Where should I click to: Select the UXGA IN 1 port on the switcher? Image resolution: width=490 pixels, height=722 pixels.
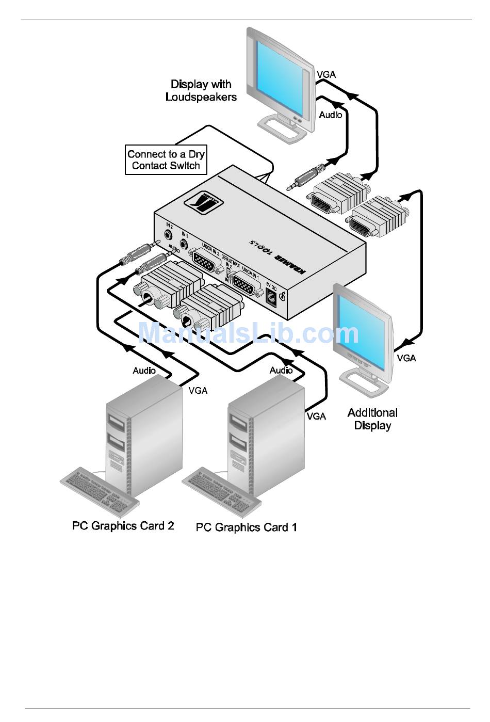click(246, 284)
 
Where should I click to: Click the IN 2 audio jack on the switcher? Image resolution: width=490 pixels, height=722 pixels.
click(169, 234)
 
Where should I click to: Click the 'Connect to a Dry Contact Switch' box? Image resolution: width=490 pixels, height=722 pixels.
click(166, 160)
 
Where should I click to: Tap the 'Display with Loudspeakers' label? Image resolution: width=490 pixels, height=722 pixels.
click(201, 91)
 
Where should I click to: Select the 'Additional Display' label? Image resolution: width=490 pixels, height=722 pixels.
click(372, 419)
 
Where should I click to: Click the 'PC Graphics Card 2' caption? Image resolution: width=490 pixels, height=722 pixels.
click(123, 526)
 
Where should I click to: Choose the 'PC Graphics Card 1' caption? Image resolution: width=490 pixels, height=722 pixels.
click(247, 527)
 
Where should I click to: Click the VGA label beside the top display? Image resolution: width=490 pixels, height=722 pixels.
click(326, 75)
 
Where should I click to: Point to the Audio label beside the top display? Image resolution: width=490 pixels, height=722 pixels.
click(330, 115)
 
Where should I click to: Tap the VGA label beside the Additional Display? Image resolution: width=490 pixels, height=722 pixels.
click(406, 358)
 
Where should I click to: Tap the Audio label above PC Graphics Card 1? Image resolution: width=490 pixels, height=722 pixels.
click(281, 371)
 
